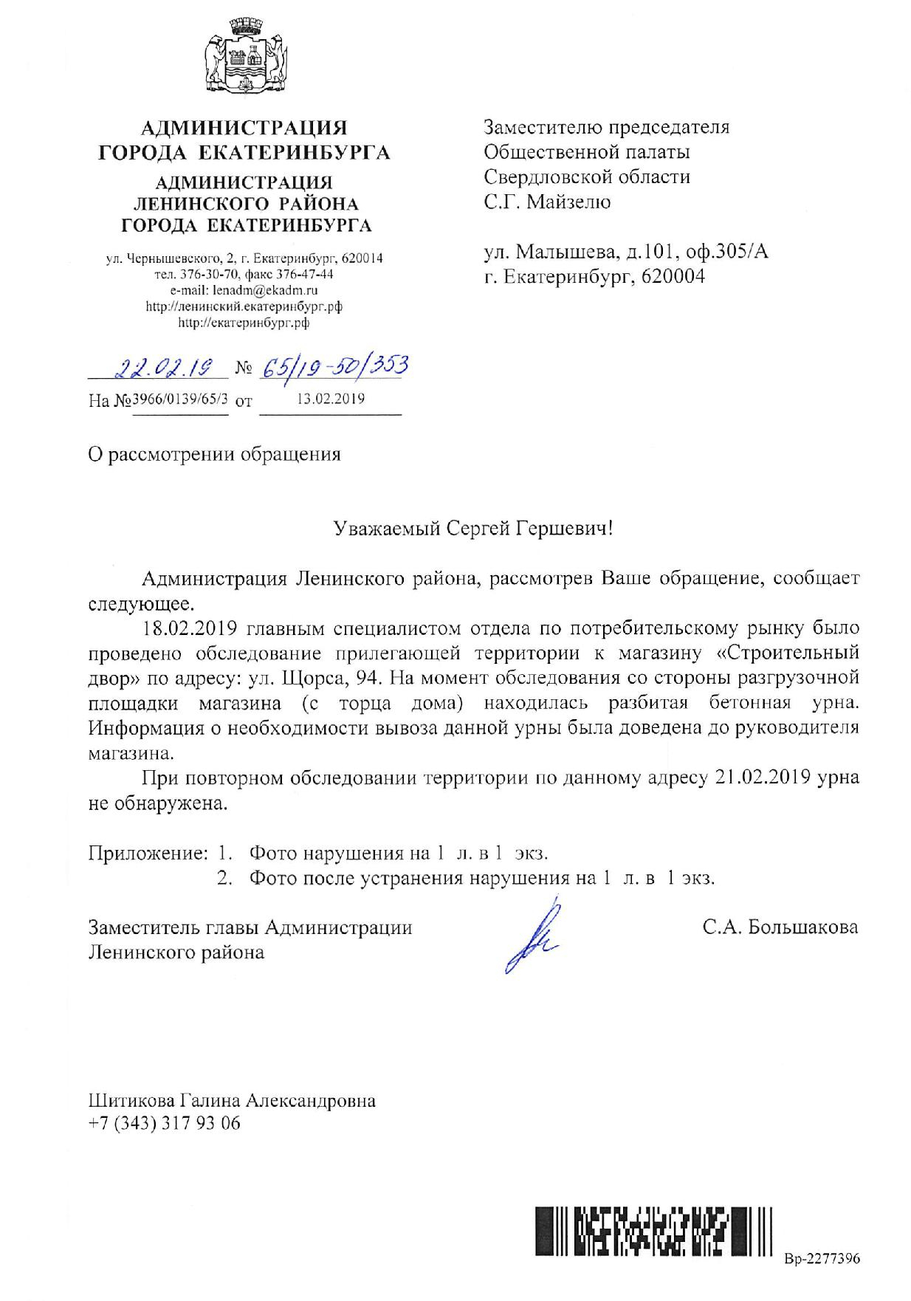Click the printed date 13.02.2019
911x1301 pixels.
pyautogui.click(x=330, y=399)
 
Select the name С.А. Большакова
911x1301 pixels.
pyautogui.click(x=780, y=927)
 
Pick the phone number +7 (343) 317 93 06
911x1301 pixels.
pyautogui.click(x=164, y=1124)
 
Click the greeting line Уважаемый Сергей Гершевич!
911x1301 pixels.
pyautogui.click(x=472, y=529)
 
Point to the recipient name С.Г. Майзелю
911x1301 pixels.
pyautogui.click(x=547, y=202)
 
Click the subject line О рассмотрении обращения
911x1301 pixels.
pyautogui.click(x=214, y=453)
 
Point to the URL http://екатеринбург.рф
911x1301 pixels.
pyautogui.click(x=244, y=323)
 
